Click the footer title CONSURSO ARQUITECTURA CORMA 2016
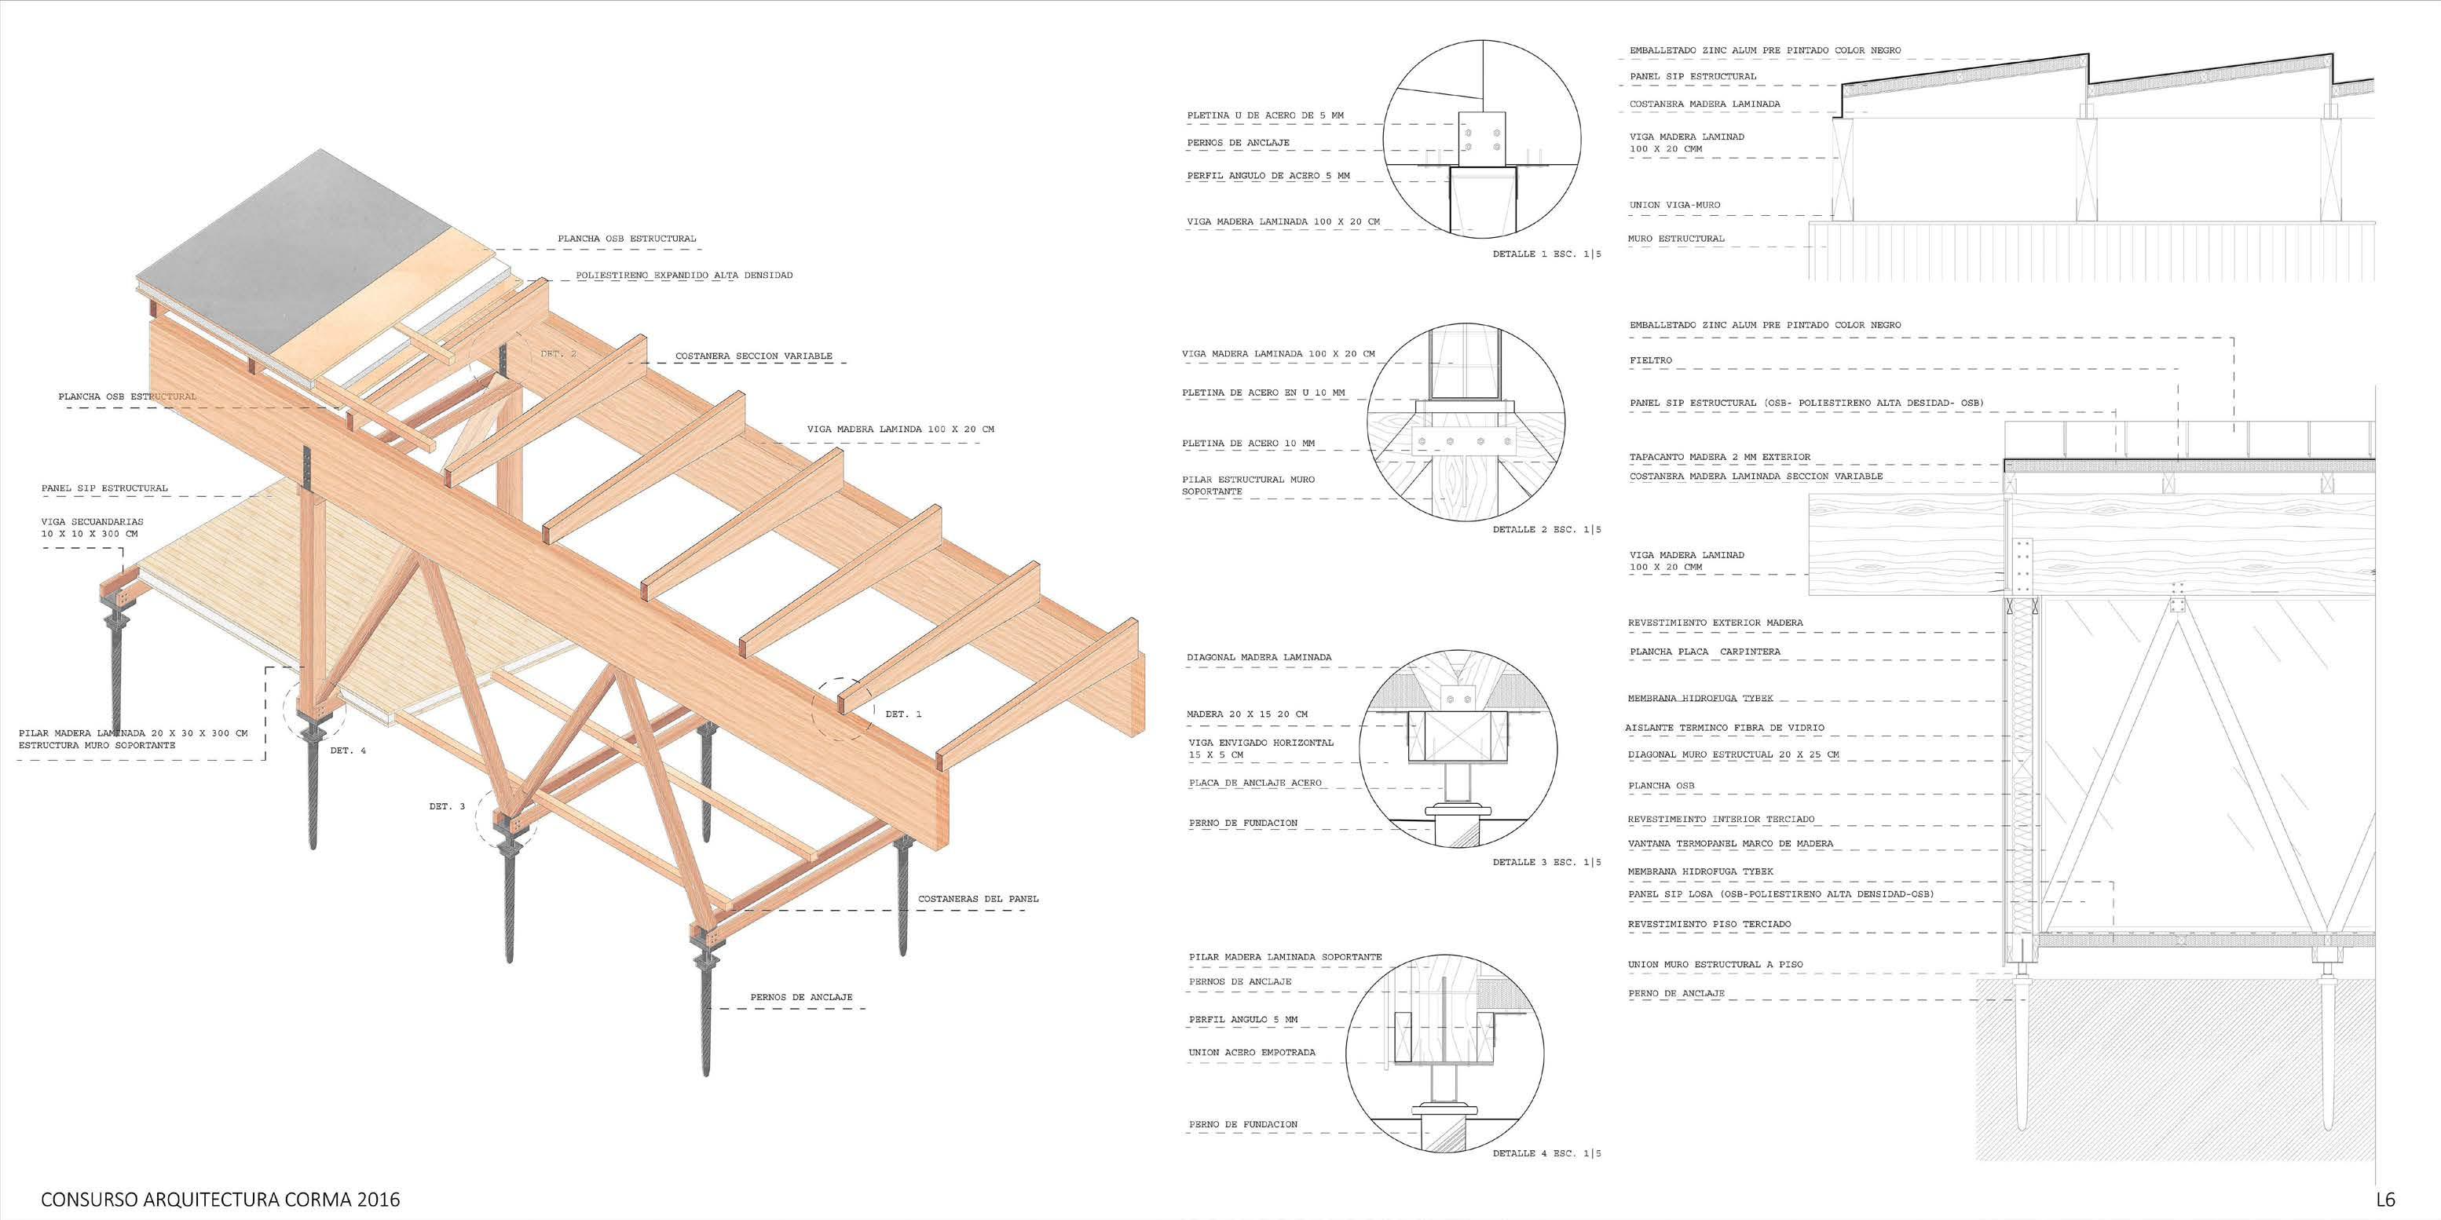point(220,1199)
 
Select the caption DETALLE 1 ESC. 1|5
point(1546,255)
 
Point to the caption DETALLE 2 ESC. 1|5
point(1546,529)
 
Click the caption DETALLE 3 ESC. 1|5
point(1546,862)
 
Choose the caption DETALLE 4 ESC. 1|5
point(1546,1154)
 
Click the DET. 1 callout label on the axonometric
point(903,714)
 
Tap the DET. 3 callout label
point(447,807)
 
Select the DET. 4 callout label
point(348,751)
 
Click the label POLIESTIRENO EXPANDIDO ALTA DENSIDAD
point(684,276)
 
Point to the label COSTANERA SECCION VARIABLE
point(753,356)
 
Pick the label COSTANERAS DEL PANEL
point(978,899)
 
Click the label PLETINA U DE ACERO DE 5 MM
point(1265,115)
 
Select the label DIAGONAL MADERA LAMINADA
point(1258,657)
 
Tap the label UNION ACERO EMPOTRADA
point(1252,1052)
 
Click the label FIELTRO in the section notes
point(1651,361)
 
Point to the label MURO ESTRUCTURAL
point(1676,239)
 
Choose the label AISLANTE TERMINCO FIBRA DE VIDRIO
point(1725,729)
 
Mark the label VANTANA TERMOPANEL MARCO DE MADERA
point(1730,844)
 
